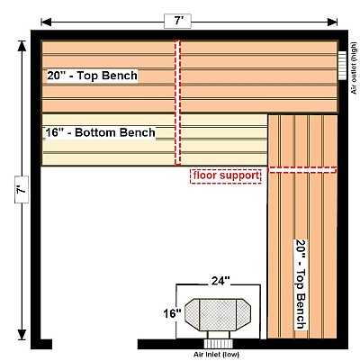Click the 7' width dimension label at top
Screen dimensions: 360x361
tap(177, 22)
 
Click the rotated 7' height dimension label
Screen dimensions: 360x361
tap(22, 189)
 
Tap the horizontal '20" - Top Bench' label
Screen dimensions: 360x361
tap(92, 76)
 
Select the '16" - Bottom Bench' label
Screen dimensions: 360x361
tap(100, 132)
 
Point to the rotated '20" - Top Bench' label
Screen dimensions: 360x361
tap(301, 284)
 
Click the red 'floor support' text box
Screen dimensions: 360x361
tap(226, 176)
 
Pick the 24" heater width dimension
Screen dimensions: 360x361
tap(220, 281)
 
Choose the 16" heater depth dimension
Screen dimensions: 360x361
tap(172, 313)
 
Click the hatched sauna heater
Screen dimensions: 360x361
tap(218, 315)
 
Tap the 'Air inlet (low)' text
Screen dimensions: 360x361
tap(216, 355)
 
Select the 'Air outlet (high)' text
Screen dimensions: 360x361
tap(355, 68)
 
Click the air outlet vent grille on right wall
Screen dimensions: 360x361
tap(342, 66)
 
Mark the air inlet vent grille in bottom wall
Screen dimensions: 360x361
tap(219, 344)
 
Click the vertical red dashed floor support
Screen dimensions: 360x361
tap(178, 103)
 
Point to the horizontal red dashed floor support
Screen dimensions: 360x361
tap(301, 170)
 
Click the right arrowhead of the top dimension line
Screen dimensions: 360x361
tap(332, 22)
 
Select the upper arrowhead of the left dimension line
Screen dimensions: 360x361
tap(22, 46)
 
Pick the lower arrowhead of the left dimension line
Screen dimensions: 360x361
tap(22, 335)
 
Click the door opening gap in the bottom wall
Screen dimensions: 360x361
tap(94, 344)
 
